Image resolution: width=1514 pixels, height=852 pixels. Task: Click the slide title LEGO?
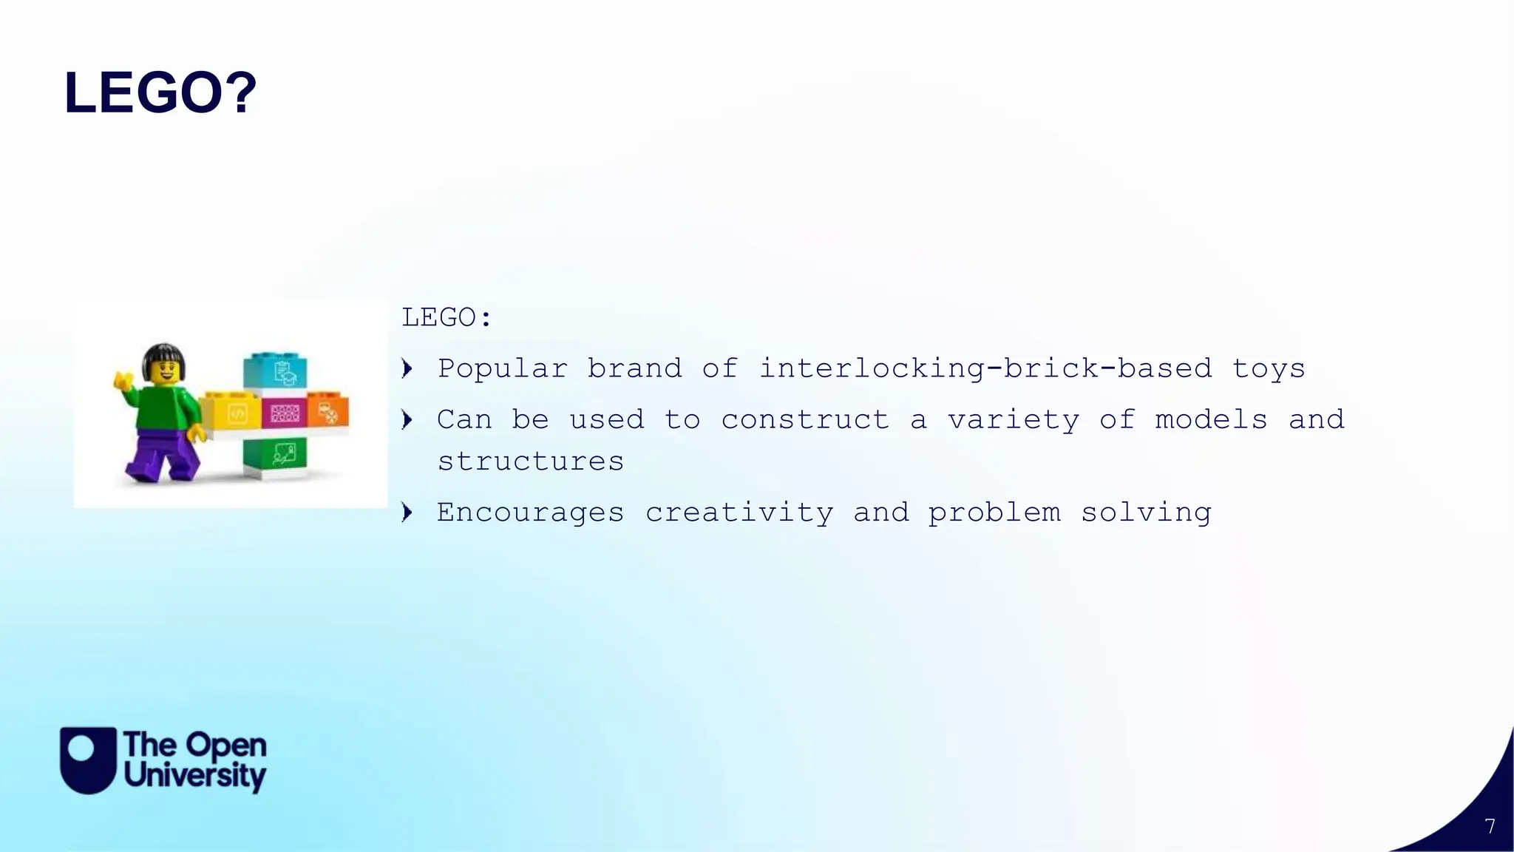tap(160, 94)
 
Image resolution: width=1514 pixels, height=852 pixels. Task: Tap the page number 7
tap(1490, 826)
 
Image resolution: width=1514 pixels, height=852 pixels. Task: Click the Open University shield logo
tap(88, 760)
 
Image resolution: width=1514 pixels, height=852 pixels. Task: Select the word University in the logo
tap(195, 777)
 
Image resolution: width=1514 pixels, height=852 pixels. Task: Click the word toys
tap(1269, 368)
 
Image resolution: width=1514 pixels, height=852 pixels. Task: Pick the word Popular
tap(503, 368)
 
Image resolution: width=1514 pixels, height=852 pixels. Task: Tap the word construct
tap(805, 420)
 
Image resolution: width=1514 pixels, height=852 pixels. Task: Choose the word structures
tap(531, 461)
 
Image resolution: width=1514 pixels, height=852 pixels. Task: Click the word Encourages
tap(531, 513)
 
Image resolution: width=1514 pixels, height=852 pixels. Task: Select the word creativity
tap(739, 513)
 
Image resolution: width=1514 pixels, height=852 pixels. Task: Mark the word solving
tap(1146, 513)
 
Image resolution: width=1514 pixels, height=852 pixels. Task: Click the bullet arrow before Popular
tap(407, 368)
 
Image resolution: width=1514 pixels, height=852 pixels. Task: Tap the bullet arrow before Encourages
tap(407, 512)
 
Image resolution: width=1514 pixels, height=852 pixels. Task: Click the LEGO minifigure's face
tap(163, 371)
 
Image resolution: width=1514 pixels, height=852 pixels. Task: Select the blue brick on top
tap(275, 371)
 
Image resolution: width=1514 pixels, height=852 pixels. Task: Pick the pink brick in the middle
tap(283, 413)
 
